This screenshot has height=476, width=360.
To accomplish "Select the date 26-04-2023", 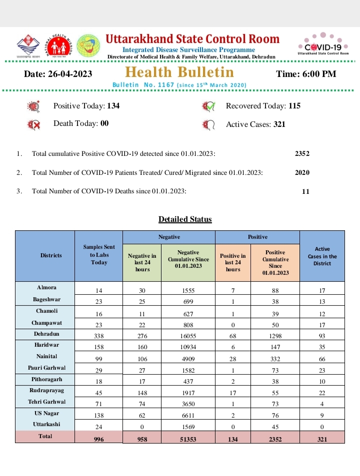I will pos(72,74).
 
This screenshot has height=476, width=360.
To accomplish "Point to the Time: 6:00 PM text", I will pos(306,74).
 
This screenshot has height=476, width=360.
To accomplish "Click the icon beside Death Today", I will pos(34,124).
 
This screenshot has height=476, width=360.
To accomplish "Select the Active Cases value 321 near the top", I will pos(279,124).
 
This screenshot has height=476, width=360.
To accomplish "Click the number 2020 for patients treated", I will pos(302,172).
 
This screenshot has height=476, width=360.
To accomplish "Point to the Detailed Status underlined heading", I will pos(185,219).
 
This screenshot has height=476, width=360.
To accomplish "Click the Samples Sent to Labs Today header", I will pos(99,255).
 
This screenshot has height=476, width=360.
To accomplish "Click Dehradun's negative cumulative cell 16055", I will pos(188,336).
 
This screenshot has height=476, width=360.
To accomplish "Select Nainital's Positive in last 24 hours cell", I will pos(232,358).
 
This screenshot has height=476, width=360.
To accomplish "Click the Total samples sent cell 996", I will pos(98,439).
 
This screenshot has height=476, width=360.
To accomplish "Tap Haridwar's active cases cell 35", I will pos(322,347).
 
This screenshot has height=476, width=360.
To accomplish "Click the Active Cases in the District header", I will pos(322,256).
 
